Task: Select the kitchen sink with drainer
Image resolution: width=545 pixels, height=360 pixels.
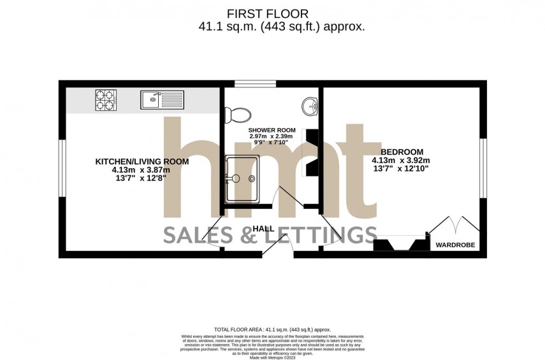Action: coord(162,99)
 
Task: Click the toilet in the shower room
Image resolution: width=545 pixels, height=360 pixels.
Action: coord(236,114)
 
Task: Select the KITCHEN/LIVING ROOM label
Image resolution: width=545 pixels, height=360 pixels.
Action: coord(142,162)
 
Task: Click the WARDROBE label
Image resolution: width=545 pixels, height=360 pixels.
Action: coord(455,245)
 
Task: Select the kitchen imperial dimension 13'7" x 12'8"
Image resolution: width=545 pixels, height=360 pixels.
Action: coord(142,179)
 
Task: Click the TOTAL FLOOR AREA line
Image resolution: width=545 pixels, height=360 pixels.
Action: coord(273,329)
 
